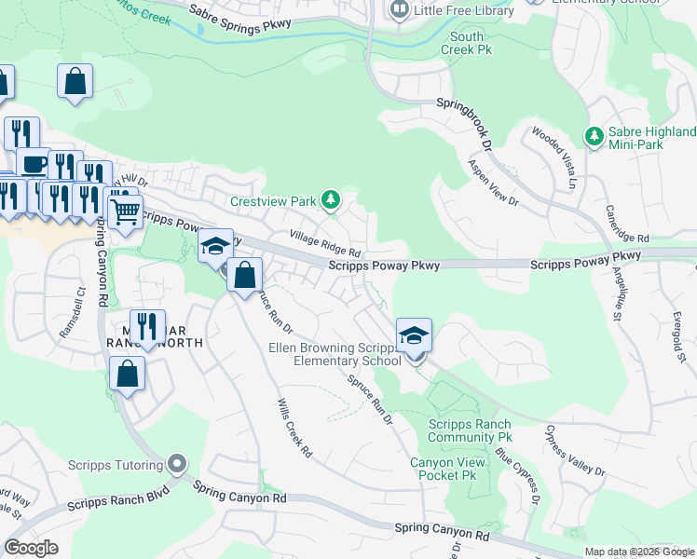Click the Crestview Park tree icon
(x=330, y=200)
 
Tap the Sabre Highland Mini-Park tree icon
(x=594, y=137)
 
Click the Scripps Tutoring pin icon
(x=177, y=464)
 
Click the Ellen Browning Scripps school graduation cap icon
(x=414, y=334)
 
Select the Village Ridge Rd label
(x=324, y=245)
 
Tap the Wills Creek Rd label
(x=294, y=429)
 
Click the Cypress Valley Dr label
(x=575, y=453)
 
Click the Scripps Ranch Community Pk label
(x=470, y=430)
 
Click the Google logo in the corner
(x=32, y=548)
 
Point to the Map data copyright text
(x=639, y=552)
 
